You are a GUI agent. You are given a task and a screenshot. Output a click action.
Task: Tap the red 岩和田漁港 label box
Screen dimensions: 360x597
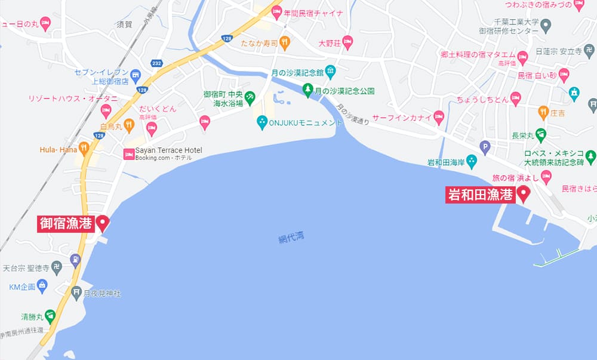pos(481,195)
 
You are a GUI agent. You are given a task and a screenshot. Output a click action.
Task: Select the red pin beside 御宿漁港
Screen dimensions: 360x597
pos(103,223)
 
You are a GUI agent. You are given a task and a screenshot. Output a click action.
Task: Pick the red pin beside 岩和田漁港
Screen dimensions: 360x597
pos(524,193)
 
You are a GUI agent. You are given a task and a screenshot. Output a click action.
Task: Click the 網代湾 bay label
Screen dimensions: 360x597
pos(291,238)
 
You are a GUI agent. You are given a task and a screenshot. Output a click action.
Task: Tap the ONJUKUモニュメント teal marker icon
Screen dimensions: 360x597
pos(261,122)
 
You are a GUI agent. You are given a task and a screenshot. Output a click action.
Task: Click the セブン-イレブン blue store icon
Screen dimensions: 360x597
pos(136,76)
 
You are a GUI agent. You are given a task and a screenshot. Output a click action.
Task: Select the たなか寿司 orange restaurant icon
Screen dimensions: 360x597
pos(285,42)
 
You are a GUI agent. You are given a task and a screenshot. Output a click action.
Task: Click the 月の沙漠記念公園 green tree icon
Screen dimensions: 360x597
pos(308,91)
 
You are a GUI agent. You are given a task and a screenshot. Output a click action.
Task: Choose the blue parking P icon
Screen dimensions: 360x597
pos(485,146)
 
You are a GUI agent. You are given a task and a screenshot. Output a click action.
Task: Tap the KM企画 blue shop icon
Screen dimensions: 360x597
pos(42,287)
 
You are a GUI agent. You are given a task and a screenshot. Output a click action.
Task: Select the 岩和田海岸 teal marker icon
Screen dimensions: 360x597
pos(472,161)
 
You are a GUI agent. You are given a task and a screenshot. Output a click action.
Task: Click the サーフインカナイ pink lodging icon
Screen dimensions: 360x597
pos(439,117)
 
